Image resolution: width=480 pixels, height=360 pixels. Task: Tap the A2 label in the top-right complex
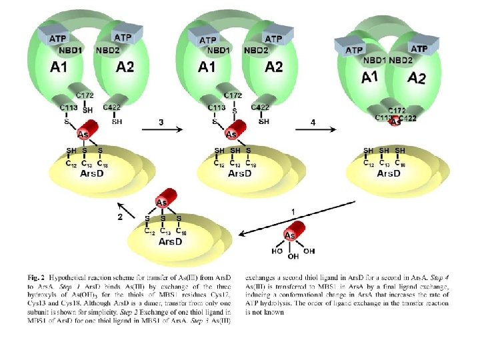point(417,78)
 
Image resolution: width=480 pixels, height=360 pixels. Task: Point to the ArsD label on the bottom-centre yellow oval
point(170,241)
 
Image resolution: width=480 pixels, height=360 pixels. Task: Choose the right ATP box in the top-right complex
point(419,49)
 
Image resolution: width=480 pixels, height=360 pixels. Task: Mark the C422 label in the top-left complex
point(112,107)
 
